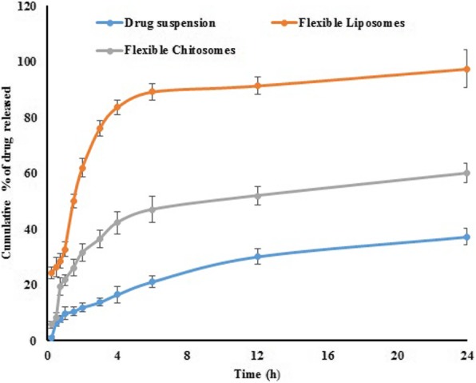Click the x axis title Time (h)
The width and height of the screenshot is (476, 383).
256,373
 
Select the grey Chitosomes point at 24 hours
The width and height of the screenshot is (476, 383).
466,173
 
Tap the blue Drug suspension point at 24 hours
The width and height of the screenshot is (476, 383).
466,237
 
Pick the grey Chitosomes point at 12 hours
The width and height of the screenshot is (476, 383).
257,195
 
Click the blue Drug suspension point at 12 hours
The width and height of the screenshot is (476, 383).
257,257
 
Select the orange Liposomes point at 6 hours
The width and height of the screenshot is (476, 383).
153,91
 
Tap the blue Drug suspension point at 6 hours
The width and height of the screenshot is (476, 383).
153,281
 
